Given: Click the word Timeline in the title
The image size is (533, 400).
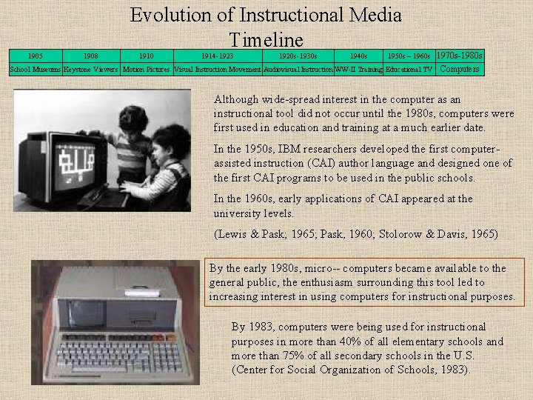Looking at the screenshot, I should click(x=266, y=39).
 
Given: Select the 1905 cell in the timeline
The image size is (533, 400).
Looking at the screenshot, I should click(x=35, y=56).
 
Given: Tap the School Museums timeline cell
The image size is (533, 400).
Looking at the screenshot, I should click(x=35, y=70).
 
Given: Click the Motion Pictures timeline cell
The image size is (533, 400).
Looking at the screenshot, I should click(x=146, y=70).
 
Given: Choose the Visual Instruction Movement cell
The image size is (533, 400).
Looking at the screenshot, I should click(x=217, y=70).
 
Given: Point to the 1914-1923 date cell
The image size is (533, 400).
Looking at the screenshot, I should click(x=217, y=56).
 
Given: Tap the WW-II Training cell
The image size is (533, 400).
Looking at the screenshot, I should click(x=358, y=70).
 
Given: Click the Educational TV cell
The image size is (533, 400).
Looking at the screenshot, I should click(x=409, y=70).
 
